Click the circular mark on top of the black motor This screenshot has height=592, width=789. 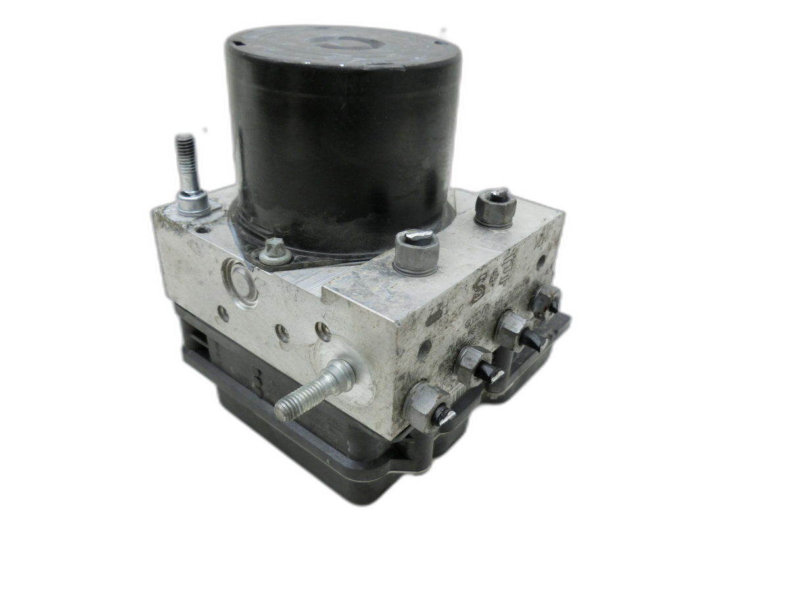(x=345, y=43)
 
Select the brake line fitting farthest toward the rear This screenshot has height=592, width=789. (x=546, y=299)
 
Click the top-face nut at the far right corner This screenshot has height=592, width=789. (x=495, y=207)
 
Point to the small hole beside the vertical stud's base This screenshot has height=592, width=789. (x=204, y=230)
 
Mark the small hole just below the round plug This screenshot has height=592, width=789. (x=224, y=314)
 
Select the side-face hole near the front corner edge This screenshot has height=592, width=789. (x=424, y=349)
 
